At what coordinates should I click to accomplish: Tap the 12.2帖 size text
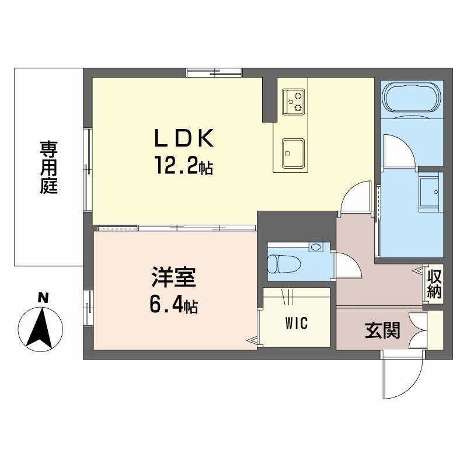click(x=183, y=168)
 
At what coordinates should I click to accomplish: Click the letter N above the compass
click(x=42, y=298)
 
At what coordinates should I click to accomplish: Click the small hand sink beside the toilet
click(x=316, y=248)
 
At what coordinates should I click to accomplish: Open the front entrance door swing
click(x=402, y=377)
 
